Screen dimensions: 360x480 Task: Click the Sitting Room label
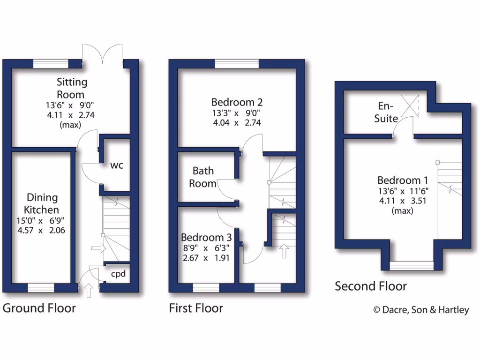(x=72, y=88)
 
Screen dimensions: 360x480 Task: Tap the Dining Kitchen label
(x=42, y=203)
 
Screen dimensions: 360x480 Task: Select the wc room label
(x=117, y=165)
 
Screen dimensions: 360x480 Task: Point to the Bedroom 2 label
(x=237, y=102)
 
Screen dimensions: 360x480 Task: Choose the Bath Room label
(x=202, y=177)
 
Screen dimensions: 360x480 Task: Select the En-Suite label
(x=387, y=112)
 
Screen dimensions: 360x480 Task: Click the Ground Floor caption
(x=39, y=308)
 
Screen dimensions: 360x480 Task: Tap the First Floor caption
(x=196, y=308)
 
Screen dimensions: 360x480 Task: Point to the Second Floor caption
(x=371, y=286)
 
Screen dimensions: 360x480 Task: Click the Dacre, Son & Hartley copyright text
(x=420, y=309)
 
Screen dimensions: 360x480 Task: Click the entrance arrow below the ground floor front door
(x=88, y=290)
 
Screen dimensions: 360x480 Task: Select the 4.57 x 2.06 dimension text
(x=42, y=230)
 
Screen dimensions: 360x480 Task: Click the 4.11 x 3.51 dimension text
(x=403, y=201)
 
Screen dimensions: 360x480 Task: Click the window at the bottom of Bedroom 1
(x=412, y=266)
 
